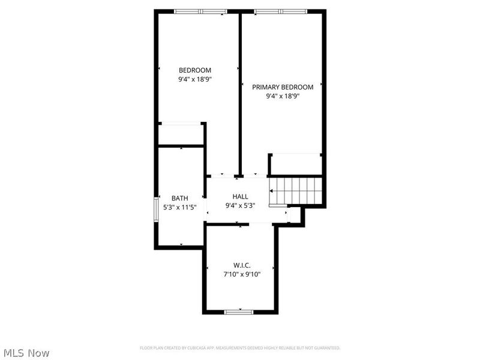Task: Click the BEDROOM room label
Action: point(194,70)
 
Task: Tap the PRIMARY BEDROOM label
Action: point(283,87)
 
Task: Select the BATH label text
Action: point(179,198)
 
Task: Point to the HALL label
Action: point(240,196)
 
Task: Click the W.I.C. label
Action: point(242,265)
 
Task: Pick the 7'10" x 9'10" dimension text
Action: point(242,274)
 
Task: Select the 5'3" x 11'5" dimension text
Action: point(179,207)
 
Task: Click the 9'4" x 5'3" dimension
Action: point(240,205)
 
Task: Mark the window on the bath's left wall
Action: point(156,209)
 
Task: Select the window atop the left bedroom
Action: point(200,11)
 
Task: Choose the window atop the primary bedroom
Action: point(280,11)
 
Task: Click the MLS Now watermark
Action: point(26,353)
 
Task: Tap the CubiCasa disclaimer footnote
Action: point(240,348)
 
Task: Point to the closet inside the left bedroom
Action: point(181,134)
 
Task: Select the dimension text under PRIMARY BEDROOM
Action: point(283,96)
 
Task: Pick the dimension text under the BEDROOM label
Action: point(194,79)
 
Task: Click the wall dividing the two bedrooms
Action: point(241,90)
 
